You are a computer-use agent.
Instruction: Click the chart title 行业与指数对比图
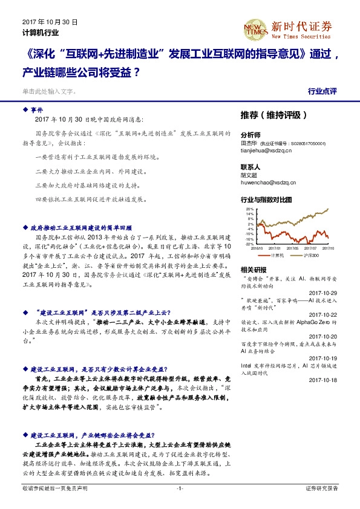click(266, 199)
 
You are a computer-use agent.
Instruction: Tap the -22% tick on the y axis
click(249, 244)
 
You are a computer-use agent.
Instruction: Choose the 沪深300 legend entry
click(301, 255)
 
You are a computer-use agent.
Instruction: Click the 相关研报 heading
click(253, 269)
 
